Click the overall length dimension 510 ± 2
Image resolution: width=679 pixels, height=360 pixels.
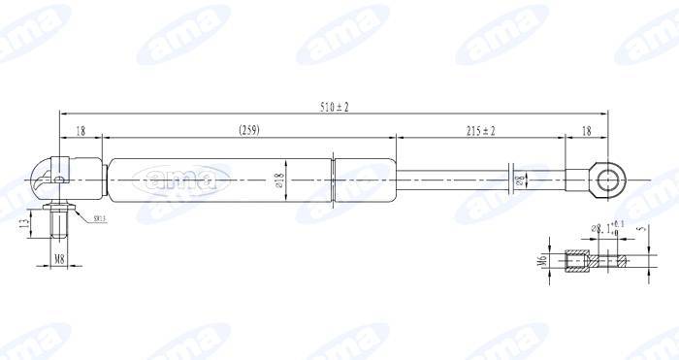[335, 106]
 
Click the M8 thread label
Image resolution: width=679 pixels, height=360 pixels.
[59, 259]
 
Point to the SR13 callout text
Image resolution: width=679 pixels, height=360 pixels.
[101, 220]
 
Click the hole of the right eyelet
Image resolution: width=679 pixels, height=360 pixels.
[610, 180]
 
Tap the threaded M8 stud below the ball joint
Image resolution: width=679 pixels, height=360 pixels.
[59, 225]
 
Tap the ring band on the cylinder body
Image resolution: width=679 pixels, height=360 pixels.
[334, 180]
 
